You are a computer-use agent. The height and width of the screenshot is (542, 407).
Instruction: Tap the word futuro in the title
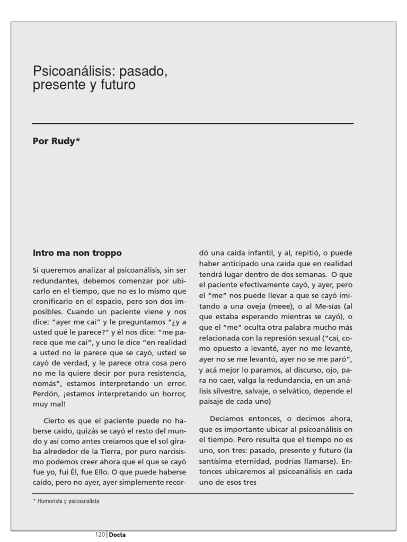(x=117, y=85)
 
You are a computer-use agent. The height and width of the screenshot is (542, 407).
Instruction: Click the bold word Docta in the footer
(x=117, y=535)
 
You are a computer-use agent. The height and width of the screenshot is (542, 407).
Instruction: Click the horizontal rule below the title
(x=192, y=124)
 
